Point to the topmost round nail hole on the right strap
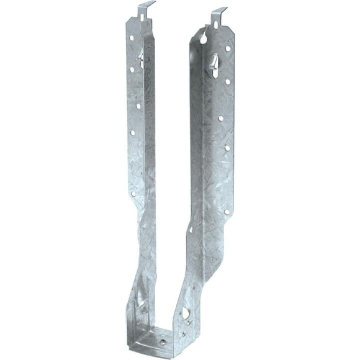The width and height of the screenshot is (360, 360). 227,48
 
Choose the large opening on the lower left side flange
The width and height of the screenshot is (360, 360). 142,306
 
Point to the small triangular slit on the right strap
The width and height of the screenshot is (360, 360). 191,229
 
